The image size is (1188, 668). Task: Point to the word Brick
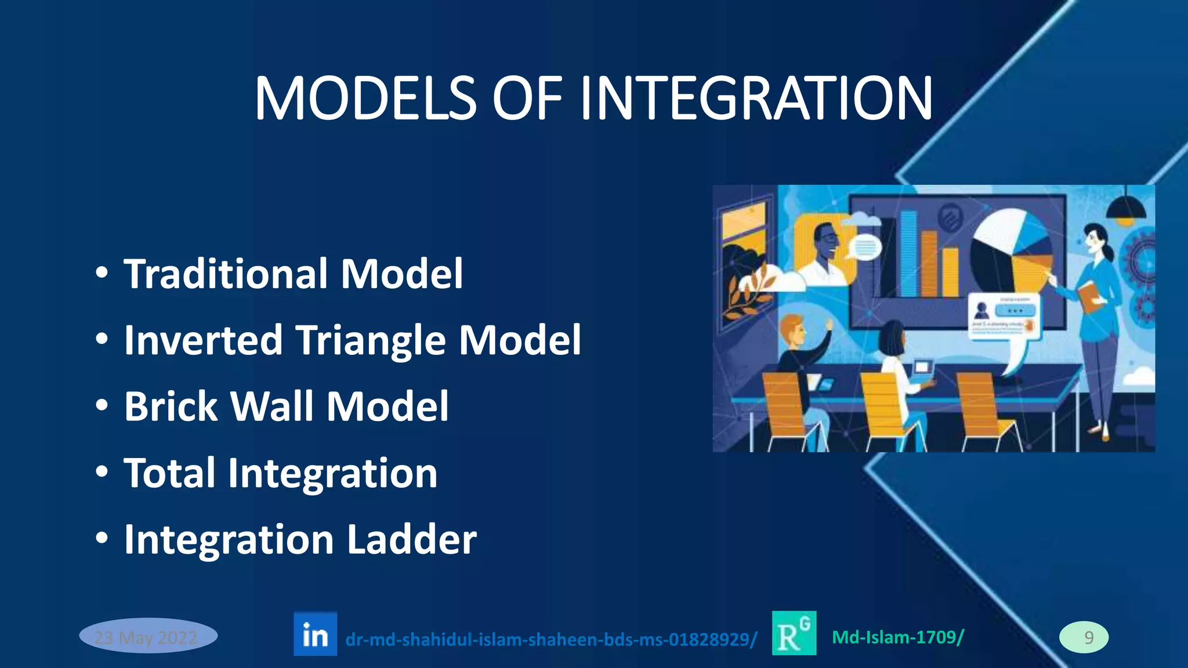coord(170,406)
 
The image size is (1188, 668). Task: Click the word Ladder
coord(411,539)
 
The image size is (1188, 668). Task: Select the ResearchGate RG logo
coord(794,633)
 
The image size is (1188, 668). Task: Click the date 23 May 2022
coord(148,636)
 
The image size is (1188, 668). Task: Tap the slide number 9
coord(1084,637)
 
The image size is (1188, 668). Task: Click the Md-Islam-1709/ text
coord(897,637)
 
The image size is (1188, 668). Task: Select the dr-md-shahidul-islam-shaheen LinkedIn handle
coord(550,640)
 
